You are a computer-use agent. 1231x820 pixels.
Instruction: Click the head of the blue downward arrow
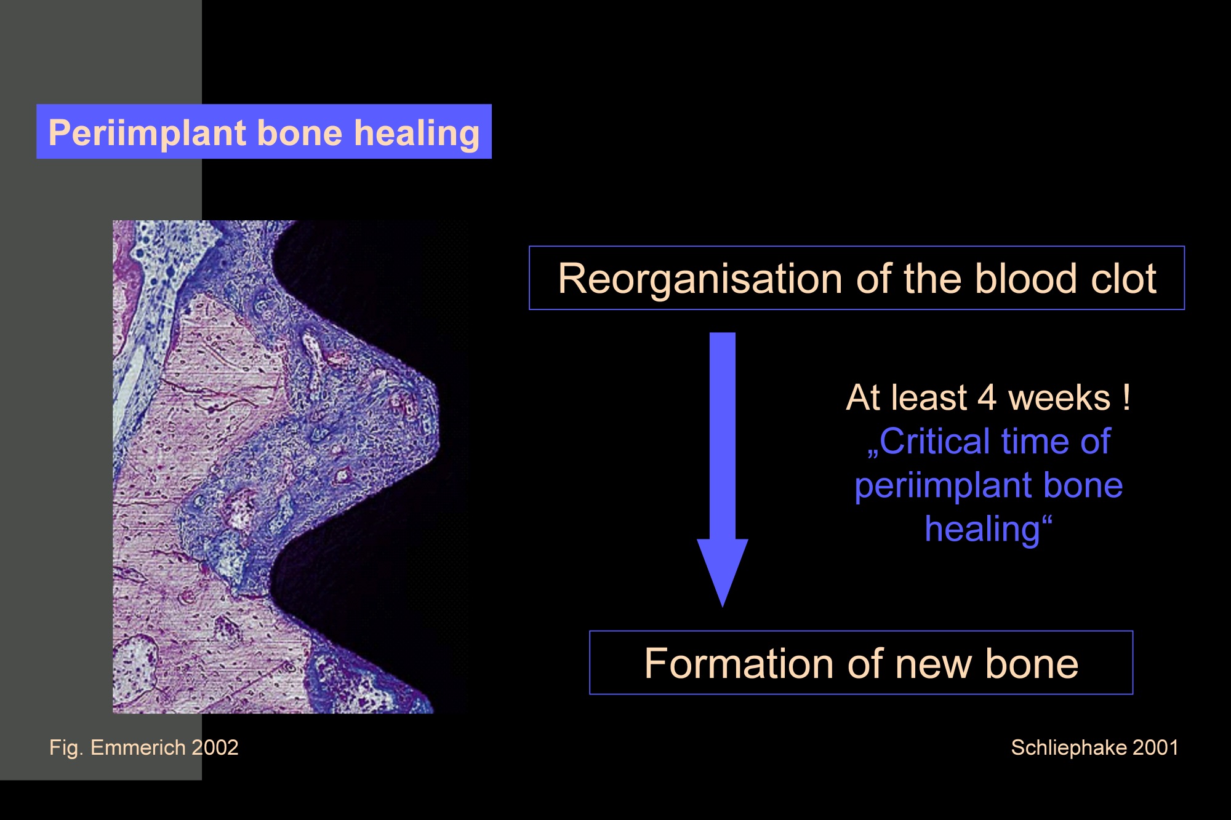coord(722,573)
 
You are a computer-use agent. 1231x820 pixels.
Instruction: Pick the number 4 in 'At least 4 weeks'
coord(987,397)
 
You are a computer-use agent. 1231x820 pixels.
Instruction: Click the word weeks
coord(1059,397)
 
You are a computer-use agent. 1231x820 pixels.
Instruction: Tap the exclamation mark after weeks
coord(1126,397)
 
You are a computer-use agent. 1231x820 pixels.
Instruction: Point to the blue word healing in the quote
coord(982,530)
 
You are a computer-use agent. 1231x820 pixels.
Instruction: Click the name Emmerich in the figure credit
coord(138,747)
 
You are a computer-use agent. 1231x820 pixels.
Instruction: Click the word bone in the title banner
coord(299,133)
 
